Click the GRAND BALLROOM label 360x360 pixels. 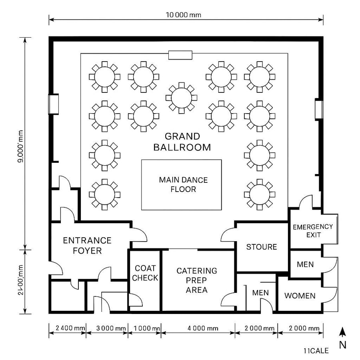click(x=182, y=142)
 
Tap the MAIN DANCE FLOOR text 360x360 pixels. click(x=183, y=184)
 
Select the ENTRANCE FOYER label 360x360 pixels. click(x=87, y=246)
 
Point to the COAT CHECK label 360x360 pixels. click(x=145, y=273)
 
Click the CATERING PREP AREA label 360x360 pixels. click(x=196, y=280)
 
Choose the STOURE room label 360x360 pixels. click(x=262, y=247)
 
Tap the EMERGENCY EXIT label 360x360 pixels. click(x=313, y=230)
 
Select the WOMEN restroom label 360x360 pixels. click(x=300, y=296)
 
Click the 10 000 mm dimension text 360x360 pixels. click(x=183, y=15)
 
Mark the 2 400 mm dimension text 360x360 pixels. click(x=67, y=328)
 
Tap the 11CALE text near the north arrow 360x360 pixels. click(x=316, y=351)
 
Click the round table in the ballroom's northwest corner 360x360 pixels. click(x=104, y=76)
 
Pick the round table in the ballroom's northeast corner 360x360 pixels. click(x=260, y=76)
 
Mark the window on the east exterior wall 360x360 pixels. click(x=318, y=110)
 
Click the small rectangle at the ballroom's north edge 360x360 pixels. click(x=180, y=55)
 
